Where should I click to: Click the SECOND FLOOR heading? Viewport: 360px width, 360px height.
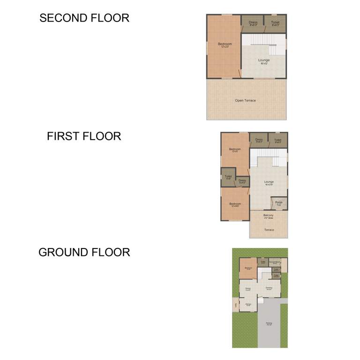tap(84, 18)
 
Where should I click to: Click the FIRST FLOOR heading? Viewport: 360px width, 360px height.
tap(84, 136)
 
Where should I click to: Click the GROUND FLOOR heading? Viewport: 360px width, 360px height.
tap(84, 253)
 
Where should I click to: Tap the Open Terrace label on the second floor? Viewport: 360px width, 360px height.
tap(246, 100)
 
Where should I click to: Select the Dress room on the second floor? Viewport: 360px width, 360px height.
tap(253, 23)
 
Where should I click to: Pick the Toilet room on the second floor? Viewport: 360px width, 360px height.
tap(275, 23)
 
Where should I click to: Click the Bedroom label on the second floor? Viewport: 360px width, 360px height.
tap(225, 45)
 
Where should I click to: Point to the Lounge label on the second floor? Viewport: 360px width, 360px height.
tap(264, 61)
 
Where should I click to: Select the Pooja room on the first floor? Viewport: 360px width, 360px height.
tap(278, 203)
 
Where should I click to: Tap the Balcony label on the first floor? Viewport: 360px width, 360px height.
tap(268, 216)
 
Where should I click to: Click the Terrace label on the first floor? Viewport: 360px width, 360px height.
tap(269, 230)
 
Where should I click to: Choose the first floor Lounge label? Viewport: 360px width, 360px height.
tap(269, 182)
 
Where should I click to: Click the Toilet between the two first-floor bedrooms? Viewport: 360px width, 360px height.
tap(228, 177)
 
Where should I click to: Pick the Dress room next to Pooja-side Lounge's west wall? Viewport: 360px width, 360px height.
tap(242, 180)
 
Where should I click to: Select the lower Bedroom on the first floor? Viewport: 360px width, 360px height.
tap(235, 204)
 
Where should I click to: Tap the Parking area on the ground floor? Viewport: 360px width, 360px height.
tap(269, 323)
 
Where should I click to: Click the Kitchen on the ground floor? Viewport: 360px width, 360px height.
tap(248, 305)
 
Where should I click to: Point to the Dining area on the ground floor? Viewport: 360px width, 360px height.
tap(248, 289)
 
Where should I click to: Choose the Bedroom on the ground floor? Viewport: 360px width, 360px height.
tap(248, 268)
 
